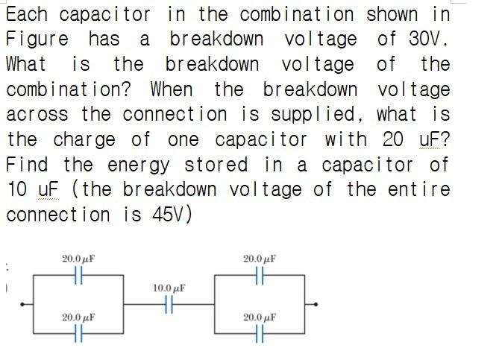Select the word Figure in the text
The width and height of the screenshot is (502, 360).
pyautogui.click(x=37, y=40)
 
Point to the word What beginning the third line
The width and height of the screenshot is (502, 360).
pyautogui.click(x=26, y=65)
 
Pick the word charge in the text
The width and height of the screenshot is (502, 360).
pyautogui.click(x=84, y=140)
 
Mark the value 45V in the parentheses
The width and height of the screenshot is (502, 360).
pyautogui.click(x=168, y=215)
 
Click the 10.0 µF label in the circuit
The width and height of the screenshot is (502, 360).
pyautogui.click(x=169, y=287)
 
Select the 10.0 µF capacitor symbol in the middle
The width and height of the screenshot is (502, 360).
pyautogui.click(x=169, y=303)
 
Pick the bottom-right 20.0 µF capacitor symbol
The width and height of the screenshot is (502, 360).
pyautogui.click(x=259, y=332)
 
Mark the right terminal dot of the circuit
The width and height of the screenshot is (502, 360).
pyautogui.click(x=317, y=304)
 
